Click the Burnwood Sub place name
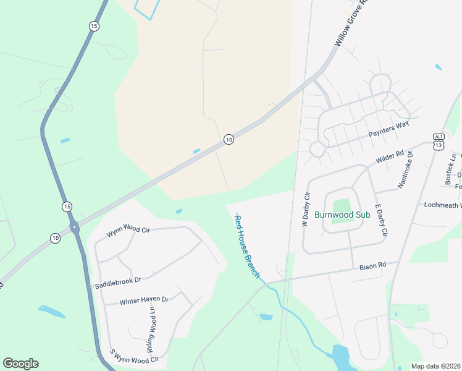click(x=342, y=215)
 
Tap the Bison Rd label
click(x=372, y=265)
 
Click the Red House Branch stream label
click(x=247, y=245)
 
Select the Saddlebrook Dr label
click(x=118, y=282)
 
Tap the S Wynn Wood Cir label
click(x=134, y=356)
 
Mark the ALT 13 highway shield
click(x=439, y=142)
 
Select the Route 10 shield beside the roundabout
click(x=55, y=238)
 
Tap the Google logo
click(x=20, y=364)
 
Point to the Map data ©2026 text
click(x=435, y=366)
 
